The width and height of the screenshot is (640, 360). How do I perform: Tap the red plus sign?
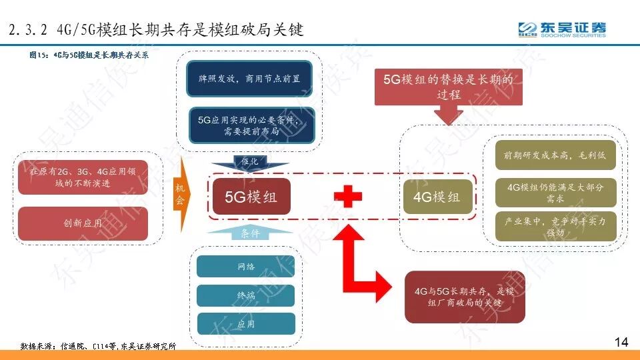point(348,197)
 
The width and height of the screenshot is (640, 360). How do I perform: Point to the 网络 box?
point(246,267)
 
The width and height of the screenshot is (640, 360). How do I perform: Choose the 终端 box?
point(246,295)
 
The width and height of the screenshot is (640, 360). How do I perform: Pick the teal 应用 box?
point(246,323)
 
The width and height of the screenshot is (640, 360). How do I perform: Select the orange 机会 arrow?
point(181,194)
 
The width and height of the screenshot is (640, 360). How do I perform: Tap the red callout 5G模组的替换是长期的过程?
point(449,87)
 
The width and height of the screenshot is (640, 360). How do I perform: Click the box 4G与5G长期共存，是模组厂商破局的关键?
point(465,297)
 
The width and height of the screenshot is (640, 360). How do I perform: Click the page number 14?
point(621,342)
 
